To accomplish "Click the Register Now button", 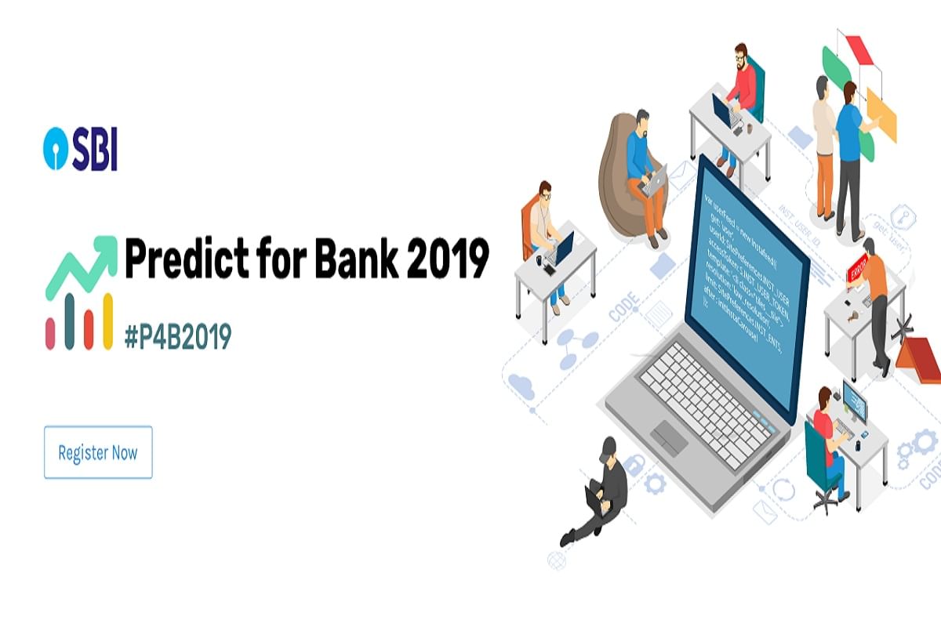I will click(98, 452).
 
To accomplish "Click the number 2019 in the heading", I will click(448, 259).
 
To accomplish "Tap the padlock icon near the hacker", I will click(634, 464).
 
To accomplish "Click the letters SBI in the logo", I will click(94, 152).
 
